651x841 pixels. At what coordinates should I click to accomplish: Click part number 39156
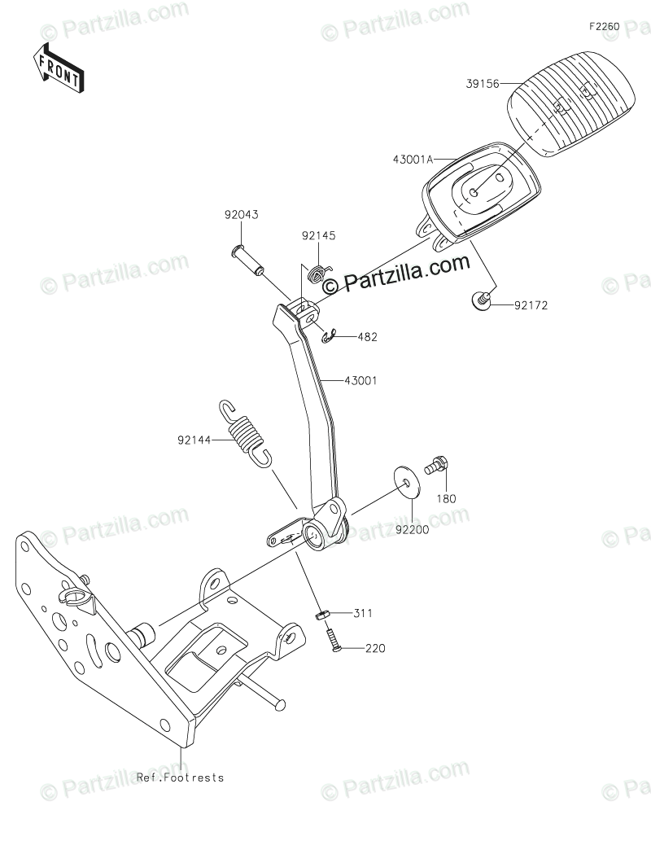[483, 83]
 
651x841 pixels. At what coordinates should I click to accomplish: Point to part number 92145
[318, 236]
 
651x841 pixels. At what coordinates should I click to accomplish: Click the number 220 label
[374, 648]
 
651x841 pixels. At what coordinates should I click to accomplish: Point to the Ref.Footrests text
[180, 777]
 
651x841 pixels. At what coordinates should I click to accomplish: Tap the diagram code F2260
[605, 27]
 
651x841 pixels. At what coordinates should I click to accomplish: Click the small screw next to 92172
[482, 301]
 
